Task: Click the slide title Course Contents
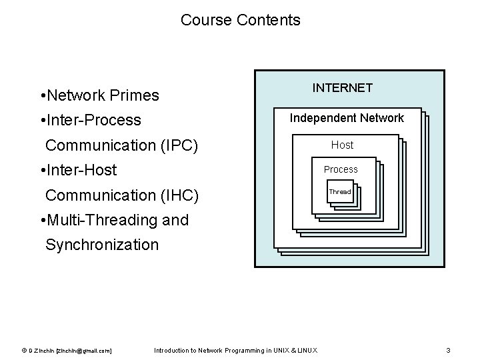coord(240,20)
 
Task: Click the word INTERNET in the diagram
coord(343,87)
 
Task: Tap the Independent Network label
coord(347,118)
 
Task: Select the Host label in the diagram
coord(342,145)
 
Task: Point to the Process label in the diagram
coord(341,169)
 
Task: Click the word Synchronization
coord(102,245)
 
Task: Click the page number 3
coord(449,351)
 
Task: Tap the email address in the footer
coord(84,351)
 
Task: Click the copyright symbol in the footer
coord(24,351)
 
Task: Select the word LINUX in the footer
coord(307,351)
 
